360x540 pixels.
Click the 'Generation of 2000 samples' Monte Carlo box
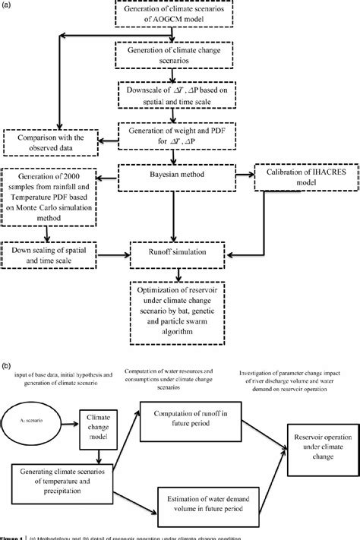(51, 199)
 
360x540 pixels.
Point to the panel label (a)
(8, 5)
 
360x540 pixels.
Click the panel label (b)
(8, 365)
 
